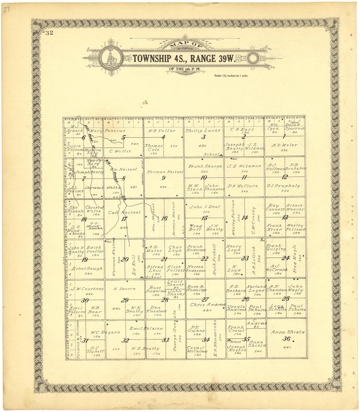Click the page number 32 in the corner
pyautogui.click(x=49, y=32)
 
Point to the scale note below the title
pyautogui.click(x=231, y=76)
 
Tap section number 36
pyautogui.click(x=286, y=339)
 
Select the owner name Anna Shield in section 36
pyautogui.click(x=288, y=332)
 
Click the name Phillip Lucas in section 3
pyautogui.click(x=203, y=130)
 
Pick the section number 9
pyautogui.click(x=163, y=178)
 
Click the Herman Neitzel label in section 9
pyautogui.click(x=165, y=171)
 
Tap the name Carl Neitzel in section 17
pyautogui.click(x=124, y=212)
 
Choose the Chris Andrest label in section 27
pyautogui.click(x=207, y=305)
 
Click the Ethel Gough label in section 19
pyautogui.click(x=87, y=268)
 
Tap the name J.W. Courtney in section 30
pyautogui.click(x=88, y=289)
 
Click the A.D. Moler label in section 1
pyautogui.click(x=284, y=145)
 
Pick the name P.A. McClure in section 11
pyautogui.click(x=243, y=186)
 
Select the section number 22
pyautogui.click(x=205, y=259)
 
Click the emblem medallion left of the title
pyautogui.click(x=111, y=58)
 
